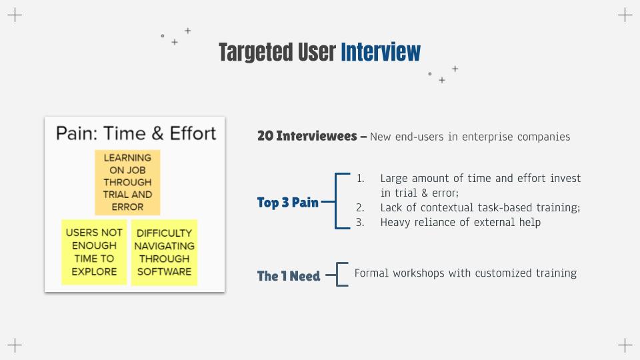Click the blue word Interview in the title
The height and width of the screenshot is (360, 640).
point(381,52)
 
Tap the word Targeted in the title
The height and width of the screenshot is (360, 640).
point(256,53)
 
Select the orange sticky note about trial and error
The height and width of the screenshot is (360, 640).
point(127,182)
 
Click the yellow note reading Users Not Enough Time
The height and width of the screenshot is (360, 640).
point(94,252)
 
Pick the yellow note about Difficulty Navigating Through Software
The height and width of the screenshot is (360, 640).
point(164,252)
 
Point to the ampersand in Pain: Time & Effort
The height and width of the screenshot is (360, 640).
point(157,133)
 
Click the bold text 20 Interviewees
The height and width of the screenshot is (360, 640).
point(307,136)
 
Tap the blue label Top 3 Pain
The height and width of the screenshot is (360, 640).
point(288,203)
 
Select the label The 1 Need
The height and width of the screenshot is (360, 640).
point(289,276)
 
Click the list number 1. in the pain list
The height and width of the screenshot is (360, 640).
point(361,179)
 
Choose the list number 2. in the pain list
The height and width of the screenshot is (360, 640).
point(360,208)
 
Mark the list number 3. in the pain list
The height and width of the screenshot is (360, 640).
point(360,223)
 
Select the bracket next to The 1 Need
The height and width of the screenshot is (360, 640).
point(337,274)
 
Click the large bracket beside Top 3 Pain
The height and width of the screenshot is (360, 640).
point(335,201)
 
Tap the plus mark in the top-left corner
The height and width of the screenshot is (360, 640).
point(15,15)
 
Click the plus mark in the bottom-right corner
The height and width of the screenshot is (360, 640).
point(625,345)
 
